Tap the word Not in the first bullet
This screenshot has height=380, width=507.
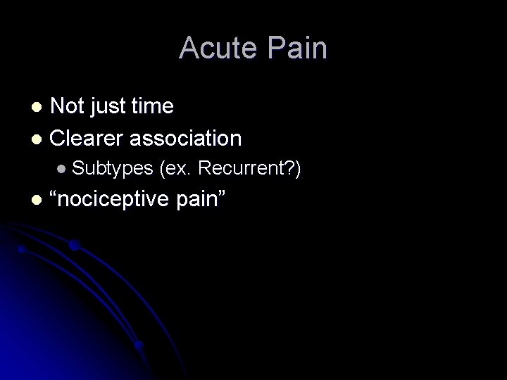[x=67, y=106]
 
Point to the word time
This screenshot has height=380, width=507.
[x=151, y=106]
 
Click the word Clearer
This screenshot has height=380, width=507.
[x=89, y=138]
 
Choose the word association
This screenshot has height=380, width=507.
[x=187, y=138]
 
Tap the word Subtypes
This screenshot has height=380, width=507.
[x=113, y=168]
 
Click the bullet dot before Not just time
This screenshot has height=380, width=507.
[x=39, y=108]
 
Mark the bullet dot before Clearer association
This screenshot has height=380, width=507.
[x=39, y=139]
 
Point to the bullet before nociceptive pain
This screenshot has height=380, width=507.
[x=39, y=200]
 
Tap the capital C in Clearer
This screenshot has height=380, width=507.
[x=58, y=138]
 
